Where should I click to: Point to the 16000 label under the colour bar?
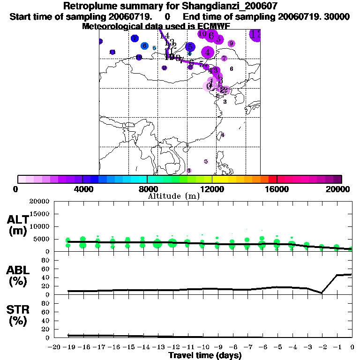[x=277, y=189]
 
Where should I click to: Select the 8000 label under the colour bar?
[x=147, y=189]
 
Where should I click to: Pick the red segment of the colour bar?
[x=272, y=179]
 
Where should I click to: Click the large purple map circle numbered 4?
[x=207, y=52]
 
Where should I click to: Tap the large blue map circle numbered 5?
[x=190, y=47]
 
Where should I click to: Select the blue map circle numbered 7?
[x=135, y=38]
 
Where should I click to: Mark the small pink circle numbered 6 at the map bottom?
[x=189, y=171]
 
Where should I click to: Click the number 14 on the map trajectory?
[x=165, y=36]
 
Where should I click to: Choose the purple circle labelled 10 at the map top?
[x=202, y=34]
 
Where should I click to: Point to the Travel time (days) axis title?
[x=205, y=355]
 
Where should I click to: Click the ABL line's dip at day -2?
[x=322, y=293]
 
